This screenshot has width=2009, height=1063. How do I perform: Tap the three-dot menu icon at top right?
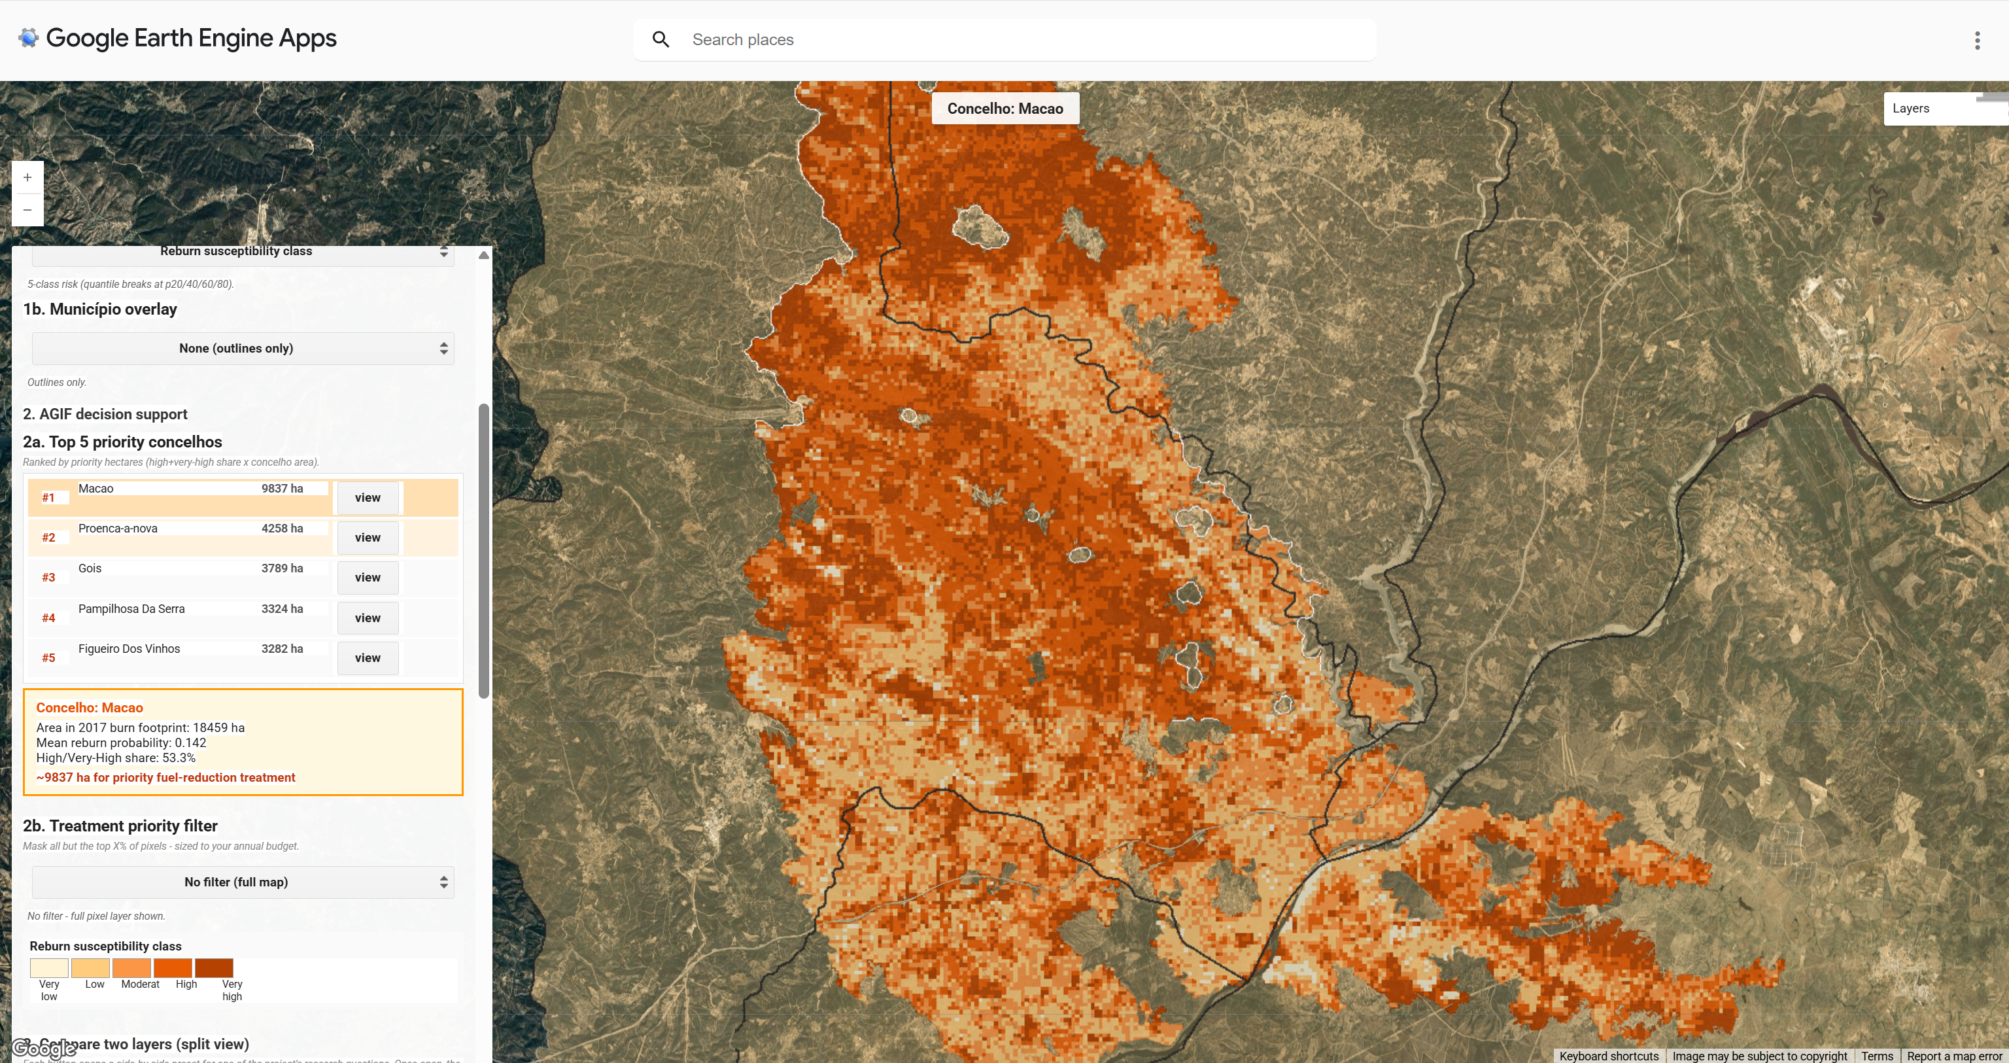click(1976, 41)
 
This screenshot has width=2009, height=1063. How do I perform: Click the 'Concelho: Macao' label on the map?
click(1004, 109)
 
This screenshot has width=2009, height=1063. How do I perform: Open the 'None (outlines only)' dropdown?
click(243, 349)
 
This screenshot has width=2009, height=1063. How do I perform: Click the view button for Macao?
click(368, 498)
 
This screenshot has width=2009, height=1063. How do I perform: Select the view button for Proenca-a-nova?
click(368, 537)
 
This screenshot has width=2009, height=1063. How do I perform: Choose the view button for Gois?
click(368, 577)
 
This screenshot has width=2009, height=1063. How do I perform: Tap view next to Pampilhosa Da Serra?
click(368, 618)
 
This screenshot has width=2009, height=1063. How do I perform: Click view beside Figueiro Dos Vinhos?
click(368, 657)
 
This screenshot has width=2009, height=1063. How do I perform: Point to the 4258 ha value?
click(282, 528)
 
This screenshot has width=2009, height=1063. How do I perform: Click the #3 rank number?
click(48, 577)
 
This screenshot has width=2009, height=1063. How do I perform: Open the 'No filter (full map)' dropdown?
click(243, 882)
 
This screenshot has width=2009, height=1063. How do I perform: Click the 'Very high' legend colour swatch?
click(214, 968)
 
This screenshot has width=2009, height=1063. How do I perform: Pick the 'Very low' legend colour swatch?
click(49, 968)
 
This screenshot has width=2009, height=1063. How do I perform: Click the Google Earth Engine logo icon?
click(29, 37)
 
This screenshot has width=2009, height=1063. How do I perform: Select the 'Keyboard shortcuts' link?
click(1608, 1056)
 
